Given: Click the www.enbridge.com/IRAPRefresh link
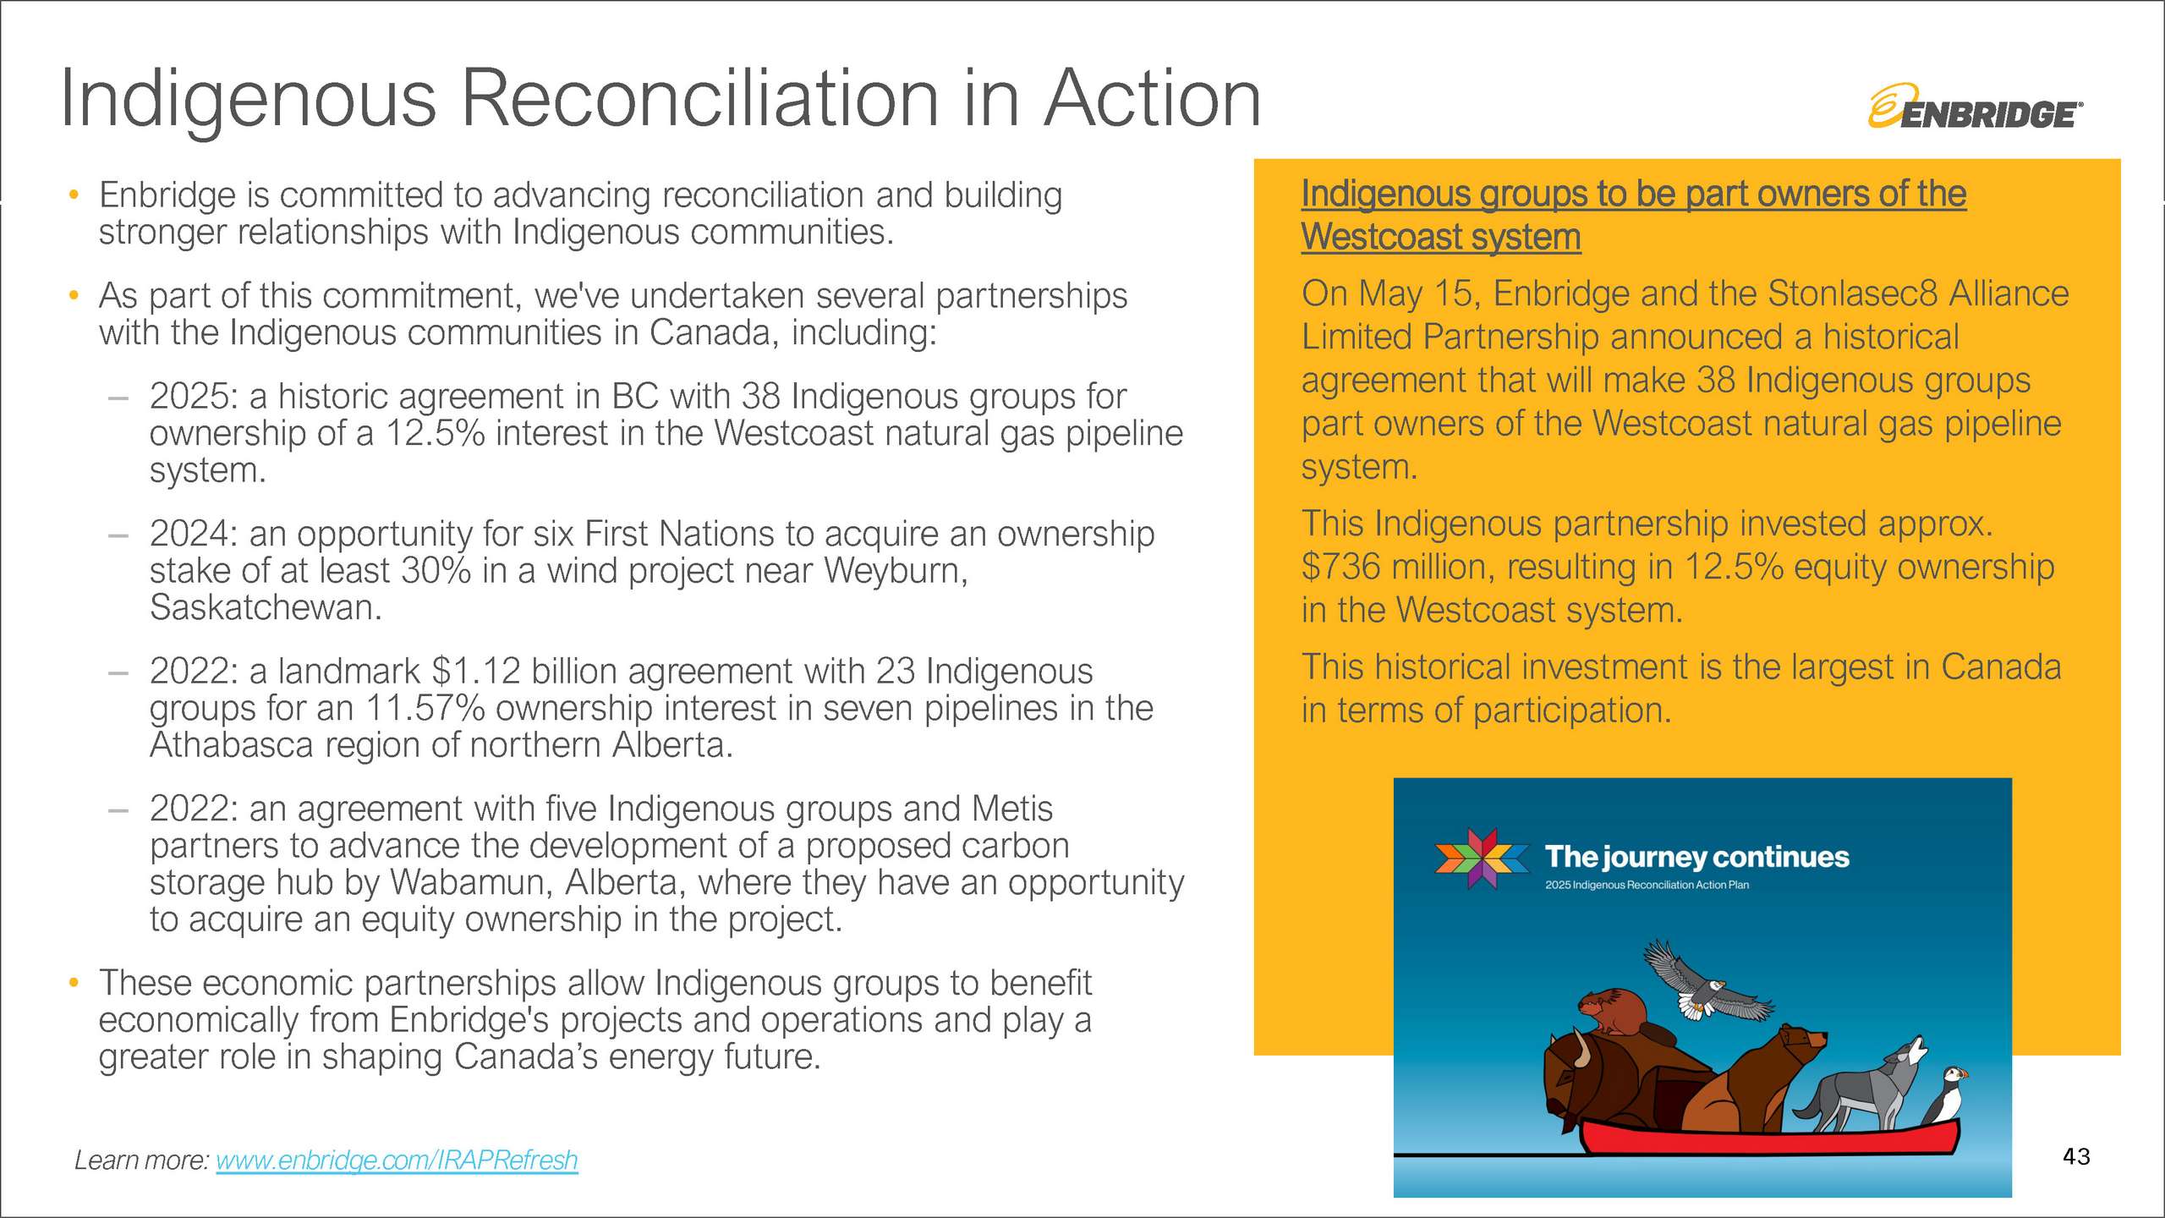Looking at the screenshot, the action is coord(397,1160).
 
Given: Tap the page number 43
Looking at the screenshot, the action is coord(2076,1156).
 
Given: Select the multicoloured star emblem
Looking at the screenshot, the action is coord(1482,859).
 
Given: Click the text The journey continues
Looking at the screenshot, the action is coord(1696,857).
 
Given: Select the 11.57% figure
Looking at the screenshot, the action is coord(425,708).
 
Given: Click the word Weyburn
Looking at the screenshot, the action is coord(896,571).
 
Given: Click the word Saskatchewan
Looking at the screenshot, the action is coord(266,607).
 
